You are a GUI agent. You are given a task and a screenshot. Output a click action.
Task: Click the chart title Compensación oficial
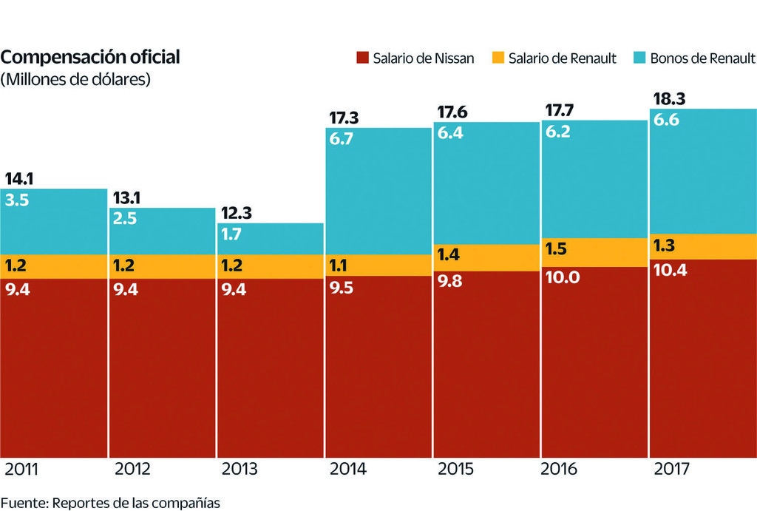pos(90,58)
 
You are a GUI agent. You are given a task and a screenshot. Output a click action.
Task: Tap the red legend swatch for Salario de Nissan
pos(361,58)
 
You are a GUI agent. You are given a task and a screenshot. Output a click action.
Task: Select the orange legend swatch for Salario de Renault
pos(498,58)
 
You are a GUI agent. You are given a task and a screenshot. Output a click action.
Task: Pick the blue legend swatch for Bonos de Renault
pos(639,58)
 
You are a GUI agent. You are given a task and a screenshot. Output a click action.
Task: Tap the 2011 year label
pos(21,470)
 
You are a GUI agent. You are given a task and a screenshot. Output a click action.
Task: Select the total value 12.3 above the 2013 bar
pos(236,213)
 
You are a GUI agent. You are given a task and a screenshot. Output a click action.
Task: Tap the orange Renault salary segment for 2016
pos(594,252)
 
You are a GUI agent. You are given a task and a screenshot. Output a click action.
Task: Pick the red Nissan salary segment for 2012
pos(162,370)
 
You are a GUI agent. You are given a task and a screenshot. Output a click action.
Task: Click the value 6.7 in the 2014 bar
pos(342,138)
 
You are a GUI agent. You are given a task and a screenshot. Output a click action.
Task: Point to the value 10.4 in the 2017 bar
pos(671,270)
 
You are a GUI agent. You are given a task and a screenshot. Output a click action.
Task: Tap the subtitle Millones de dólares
pos(76,79)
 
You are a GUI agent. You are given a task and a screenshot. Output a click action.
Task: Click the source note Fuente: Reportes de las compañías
pos(110,502)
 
